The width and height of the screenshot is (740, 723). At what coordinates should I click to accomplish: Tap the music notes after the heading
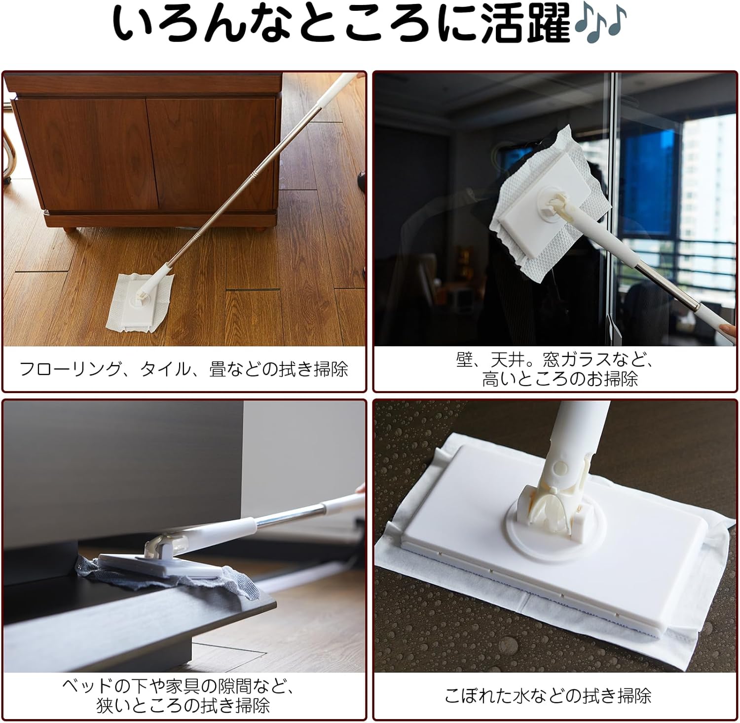(x=599, y=22)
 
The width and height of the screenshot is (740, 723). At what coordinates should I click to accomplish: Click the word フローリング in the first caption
(x=70, y=369)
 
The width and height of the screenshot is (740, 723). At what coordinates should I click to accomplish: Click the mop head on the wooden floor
(x=140, y=303)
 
